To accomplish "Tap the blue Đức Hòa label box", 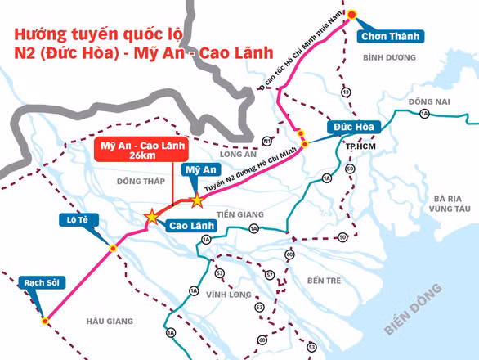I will click(x=352, y=127).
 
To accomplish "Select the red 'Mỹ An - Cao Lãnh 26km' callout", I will click(x=141, y=151).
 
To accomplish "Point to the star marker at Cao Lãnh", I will click(x=152, y=217).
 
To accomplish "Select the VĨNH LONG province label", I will click(x=227, y=292).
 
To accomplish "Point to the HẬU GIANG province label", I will click(x=109, y=322).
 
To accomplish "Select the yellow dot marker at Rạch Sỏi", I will click(x=45, y=322).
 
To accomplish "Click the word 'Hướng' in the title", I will click(x=38, y=36).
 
